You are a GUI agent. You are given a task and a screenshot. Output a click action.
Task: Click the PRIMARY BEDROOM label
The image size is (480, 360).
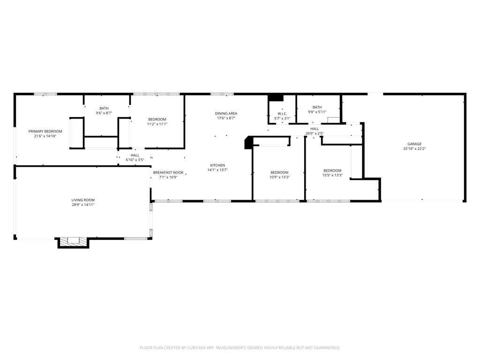click(x=45, y=131)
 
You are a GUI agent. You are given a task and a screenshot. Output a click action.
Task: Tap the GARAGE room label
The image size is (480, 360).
click(x=414, y=144)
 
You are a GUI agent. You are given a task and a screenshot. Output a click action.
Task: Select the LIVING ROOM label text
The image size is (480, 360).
click(x=83, y=200)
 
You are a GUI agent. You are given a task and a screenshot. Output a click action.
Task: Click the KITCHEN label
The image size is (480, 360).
click(x=217, y=165)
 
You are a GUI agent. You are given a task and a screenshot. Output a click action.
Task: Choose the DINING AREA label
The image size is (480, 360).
click(x=226, y=113)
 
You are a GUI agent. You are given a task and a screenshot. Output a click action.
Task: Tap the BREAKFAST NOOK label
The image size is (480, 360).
click(x=168, y=172)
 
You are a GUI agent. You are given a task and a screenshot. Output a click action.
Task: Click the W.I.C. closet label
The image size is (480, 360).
click(x=282, y=114)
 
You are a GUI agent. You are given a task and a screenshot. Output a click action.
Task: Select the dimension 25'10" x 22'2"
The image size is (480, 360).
click(x=414, y=149)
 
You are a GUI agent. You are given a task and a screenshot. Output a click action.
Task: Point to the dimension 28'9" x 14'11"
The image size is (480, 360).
click(x=83, y=205)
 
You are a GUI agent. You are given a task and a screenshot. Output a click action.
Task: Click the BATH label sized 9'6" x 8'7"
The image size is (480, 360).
click(x=104, y=108)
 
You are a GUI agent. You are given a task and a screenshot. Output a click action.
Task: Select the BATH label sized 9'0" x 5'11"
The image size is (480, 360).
click(x=317, y=107)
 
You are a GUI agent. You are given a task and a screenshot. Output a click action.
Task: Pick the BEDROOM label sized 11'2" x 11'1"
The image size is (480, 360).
click(x=157, y=120)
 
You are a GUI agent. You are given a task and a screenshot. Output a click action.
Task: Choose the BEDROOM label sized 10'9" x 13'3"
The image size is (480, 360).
click(x=279, y=172)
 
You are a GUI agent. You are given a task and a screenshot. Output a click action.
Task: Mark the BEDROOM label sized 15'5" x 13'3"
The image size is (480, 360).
click(x=332, y=171)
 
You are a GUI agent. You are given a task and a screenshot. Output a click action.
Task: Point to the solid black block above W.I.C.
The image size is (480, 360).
click(x=276, y=97)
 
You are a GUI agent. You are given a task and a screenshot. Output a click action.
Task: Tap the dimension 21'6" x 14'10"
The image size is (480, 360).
click(x=45, y=136)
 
